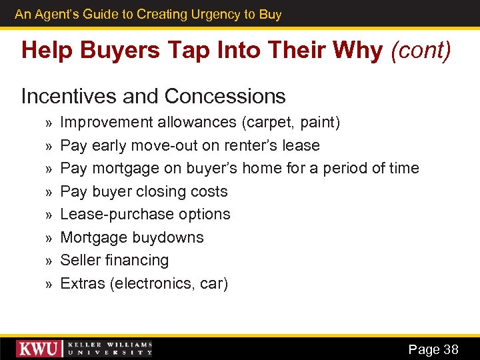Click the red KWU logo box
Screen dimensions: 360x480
point(40,349)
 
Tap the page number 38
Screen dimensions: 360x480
point(451,349)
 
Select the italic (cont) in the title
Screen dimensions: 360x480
point(421,51)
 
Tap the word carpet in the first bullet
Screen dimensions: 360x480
point(263,123)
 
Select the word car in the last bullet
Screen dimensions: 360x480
point(213,283)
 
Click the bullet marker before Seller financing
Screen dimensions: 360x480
point(48,261)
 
